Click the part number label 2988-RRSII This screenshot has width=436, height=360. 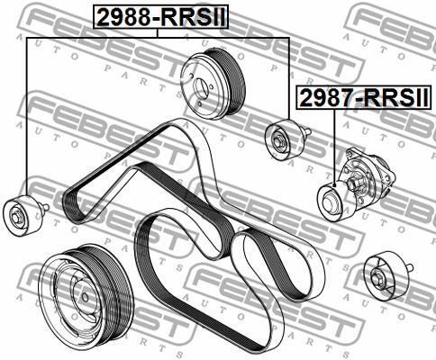161,17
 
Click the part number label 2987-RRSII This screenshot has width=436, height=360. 364,98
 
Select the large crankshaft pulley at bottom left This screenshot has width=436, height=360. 86,294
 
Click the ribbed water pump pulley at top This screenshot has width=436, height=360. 213,84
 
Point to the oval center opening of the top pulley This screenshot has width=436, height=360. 201,89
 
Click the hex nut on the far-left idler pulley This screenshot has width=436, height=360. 16,217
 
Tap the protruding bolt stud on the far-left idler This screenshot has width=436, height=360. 44,206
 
